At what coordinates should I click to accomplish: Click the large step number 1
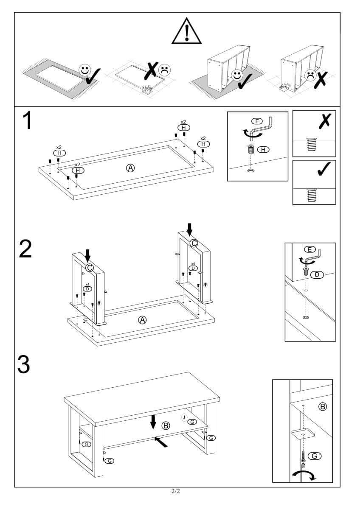click(x=27, y=121)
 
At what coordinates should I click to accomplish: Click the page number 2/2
click(x=176, y=492)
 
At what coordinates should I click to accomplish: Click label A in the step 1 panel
click(x=130, y=168)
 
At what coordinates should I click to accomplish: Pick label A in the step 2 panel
click(x=143, y=320)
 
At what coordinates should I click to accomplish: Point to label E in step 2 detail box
click(x=309, y=249)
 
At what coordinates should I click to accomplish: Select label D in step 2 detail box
click(x=317, y=275)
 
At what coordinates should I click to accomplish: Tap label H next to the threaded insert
click(x=263, y=149)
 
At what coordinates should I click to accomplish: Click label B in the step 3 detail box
click(x=323, y=407)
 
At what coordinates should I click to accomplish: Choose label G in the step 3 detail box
click(x=314, y=456)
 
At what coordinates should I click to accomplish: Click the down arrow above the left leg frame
click(x=87, y=255)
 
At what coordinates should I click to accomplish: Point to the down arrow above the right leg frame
click(x=189, y=229)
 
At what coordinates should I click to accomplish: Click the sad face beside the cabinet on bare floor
click(x=312, y=75)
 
